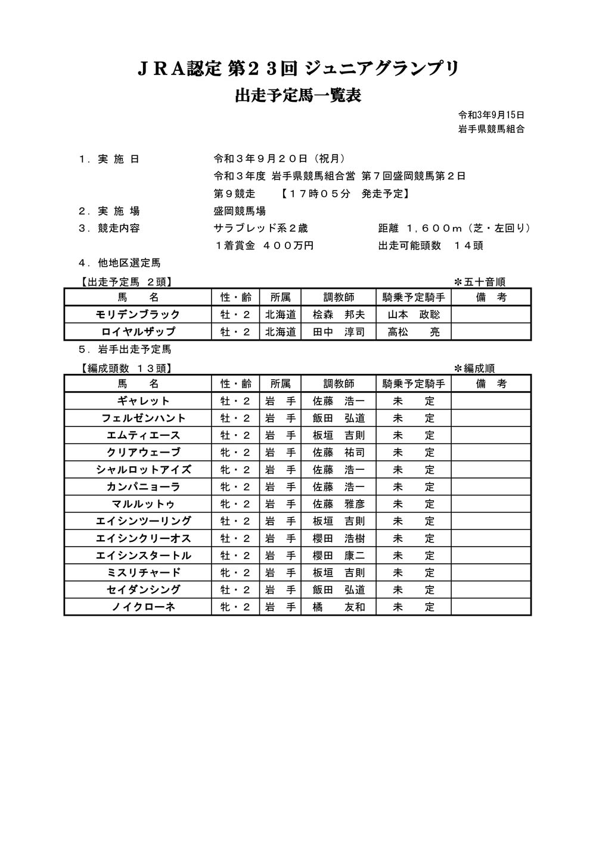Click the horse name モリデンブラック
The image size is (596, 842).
point(138,314)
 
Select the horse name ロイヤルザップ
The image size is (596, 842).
point(138,332)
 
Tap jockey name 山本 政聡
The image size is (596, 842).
point(413,314)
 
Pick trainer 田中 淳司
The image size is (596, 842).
point(339,332)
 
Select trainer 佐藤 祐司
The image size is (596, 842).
point(339,453)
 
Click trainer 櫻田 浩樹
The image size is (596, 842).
point(339,538)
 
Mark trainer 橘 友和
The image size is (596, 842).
point(339,607)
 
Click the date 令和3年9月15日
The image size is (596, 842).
point(491,115)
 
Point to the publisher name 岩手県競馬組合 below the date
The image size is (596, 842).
point(491,129)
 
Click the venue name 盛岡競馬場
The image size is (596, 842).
point(240,211)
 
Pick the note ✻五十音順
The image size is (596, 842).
point(480,282)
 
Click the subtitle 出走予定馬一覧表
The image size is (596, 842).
point(298,96)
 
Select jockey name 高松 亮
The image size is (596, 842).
point(413,332)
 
